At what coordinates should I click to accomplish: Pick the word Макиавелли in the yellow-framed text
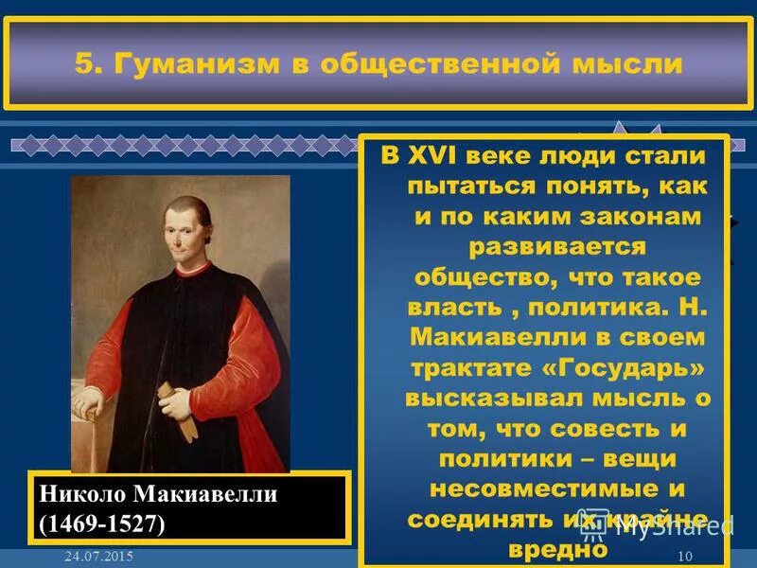[483, 337]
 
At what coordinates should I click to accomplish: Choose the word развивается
[542, 247]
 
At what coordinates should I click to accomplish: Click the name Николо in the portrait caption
[84, 493]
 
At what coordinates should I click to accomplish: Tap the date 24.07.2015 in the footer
[93, 557]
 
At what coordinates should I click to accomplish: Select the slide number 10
[686, 556]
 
